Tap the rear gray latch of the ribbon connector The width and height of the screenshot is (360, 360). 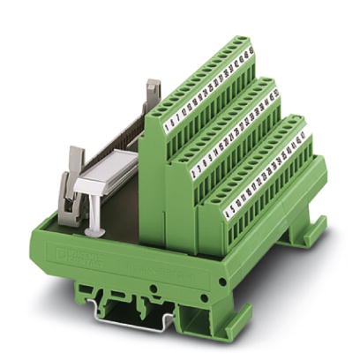pyautogui.click(x=153, y=93)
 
